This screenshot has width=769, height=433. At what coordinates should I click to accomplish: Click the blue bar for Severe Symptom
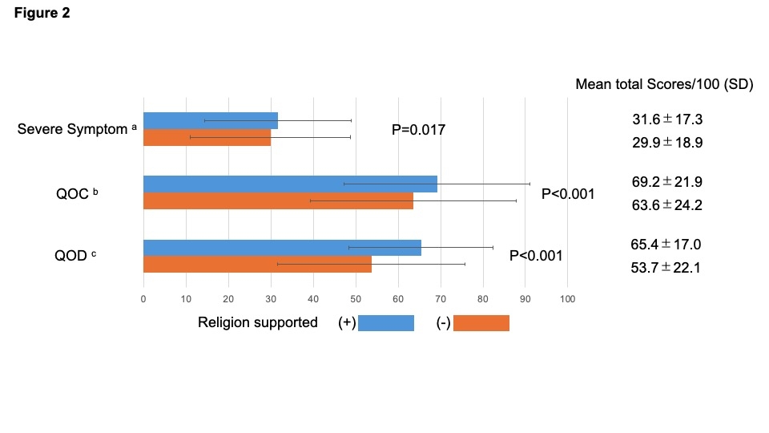coord(210,120)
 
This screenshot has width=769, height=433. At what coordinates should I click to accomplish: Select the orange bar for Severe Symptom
coord(207,137)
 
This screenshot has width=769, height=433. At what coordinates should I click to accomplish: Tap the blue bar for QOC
coord(290,184)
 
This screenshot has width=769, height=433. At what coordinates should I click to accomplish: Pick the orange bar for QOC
coord(278,200)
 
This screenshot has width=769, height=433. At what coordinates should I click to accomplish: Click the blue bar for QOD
coord(282,248)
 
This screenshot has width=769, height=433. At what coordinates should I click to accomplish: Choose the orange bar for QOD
coord(257,264)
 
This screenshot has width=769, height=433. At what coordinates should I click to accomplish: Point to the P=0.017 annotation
coord(418,129)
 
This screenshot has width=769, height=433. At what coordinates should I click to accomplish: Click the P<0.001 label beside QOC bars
coord(568,192)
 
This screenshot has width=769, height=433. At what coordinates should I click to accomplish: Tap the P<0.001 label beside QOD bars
coord(536,256)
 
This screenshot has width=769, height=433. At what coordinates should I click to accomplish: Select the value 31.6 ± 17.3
coord(667,119)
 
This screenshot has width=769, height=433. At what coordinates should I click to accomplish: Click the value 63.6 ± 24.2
coord(667,204)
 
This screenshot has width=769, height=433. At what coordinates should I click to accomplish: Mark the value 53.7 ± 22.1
coord(666,268)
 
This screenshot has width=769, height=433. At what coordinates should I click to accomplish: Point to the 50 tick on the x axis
coord(355,299)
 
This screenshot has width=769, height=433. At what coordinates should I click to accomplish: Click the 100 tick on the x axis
coord(567,299)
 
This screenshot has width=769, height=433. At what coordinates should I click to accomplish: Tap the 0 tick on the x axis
coord(143,299)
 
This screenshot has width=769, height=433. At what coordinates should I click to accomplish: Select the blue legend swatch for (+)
coord(386,323)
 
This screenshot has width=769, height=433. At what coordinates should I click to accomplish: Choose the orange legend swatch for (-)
coord(481,323)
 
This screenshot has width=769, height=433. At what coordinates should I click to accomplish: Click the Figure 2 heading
coord(42,14)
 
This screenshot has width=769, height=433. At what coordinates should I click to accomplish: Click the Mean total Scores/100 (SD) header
coord(664,84)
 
